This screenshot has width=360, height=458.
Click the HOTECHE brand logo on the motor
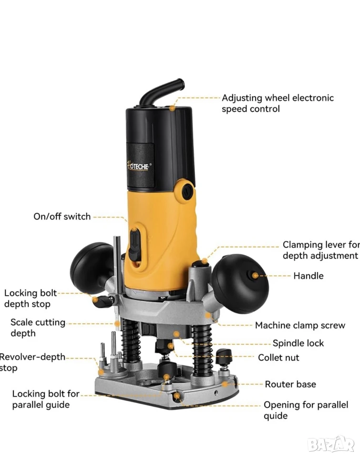click(x=139, y=166)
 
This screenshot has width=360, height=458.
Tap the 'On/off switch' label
click(x=62, y=217)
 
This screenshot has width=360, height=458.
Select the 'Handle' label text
click(x=309, y=276)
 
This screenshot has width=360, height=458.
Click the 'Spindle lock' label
click(x=298, y=343)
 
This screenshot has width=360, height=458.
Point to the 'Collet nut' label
click(x=278, y=357)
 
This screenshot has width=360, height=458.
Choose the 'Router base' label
click(x=290, y=384)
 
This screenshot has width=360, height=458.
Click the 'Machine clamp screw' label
click(x=300, y=325)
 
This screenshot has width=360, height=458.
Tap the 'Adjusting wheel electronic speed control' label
click(x=278, y=103)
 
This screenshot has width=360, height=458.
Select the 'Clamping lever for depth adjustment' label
click(x=321, y=250)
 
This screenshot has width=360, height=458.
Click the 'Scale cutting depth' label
click(x=38, y=327)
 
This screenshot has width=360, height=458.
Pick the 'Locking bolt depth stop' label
click(x=31, y=298)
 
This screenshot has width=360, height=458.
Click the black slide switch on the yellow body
click(x=134, y=245)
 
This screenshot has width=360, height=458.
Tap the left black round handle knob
click(x=92, y=268)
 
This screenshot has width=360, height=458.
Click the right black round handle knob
click(x=240, y=283)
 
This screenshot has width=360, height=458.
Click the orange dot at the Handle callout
click(x=255, y=275)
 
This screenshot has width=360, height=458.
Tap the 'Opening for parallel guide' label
click(x=306, y=410)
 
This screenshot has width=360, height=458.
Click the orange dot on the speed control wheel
click(x=173, y=108)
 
